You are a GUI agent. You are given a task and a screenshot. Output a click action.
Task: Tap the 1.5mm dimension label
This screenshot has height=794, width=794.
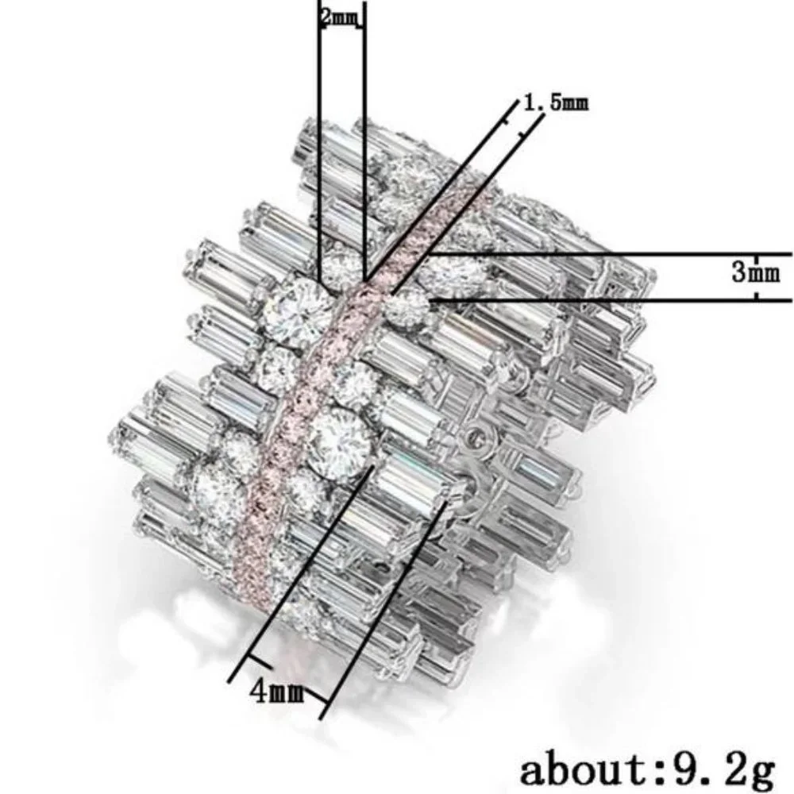[x=556, y=102]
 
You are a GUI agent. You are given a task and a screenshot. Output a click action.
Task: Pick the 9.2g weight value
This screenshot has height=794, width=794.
[x=725, y=771]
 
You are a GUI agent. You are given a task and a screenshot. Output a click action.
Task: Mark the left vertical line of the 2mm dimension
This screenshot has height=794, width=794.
[x=319, y=142]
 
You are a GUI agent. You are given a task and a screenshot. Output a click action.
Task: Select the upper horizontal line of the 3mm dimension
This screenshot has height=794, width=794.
[x=609, y=253]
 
